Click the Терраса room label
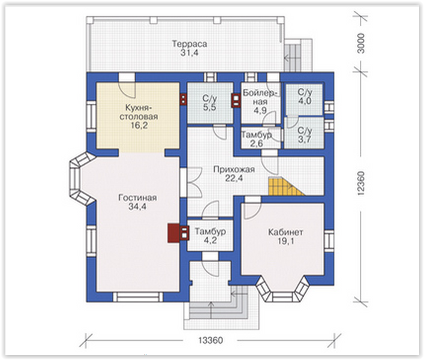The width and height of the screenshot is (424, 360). [190, 44]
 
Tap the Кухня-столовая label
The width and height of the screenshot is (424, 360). [139, 112]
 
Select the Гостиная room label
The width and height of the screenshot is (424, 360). [138, 198]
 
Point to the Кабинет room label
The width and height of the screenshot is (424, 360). [285, 232]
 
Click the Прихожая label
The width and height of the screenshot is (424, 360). [234, 170]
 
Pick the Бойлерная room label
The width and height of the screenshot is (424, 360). [260, 97]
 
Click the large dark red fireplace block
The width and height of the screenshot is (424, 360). [173, 233]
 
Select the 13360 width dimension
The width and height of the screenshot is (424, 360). [211, 340]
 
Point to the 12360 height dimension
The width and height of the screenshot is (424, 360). [360, 183]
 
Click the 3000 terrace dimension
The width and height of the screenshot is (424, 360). [360, 43]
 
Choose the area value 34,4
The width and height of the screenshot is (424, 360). [137, 206]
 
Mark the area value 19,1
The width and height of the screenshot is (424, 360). [286, 241]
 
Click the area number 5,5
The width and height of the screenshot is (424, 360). [209, 107]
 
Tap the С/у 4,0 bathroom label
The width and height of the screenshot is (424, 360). [305, 96]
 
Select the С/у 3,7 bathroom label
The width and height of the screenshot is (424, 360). [305, 134]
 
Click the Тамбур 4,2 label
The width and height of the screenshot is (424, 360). [210, 236]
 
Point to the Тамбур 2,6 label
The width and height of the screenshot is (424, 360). [256, 139]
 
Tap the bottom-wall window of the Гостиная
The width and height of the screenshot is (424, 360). [138, 297]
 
